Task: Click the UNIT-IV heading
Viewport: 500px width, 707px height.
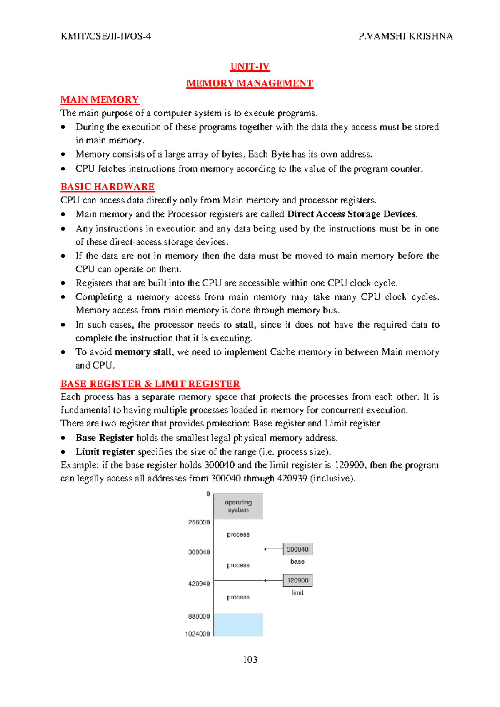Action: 250,67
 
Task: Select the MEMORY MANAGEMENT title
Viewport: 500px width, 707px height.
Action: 250,83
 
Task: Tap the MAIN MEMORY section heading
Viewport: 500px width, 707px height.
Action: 100,100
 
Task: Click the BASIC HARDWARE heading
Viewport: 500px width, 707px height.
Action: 107,187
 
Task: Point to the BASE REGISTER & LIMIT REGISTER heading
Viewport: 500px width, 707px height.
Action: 150,384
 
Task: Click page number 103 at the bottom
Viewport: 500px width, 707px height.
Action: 250,659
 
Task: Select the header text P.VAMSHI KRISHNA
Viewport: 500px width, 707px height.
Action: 405,36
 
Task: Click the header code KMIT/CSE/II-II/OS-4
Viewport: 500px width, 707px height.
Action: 106,36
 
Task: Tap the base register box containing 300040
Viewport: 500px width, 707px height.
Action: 297,549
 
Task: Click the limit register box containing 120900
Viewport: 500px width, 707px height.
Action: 297,580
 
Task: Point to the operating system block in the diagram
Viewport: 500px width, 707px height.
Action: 238,506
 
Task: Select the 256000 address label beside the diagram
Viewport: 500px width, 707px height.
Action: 199,522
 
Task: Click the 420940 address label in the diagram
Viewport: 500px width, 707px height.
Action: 199,584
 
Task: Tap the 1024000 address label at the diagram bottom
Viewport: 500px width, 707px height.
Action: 197,634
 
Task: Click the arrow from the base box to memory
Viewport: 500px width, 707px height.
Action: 273,549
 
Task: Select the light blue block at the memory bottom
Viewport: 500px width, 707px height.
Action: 238,624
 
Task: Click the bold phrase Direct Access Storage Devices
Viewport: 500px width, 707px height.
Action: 352,214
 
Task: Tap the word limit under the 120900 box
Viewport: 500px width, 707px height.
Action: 297,593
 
